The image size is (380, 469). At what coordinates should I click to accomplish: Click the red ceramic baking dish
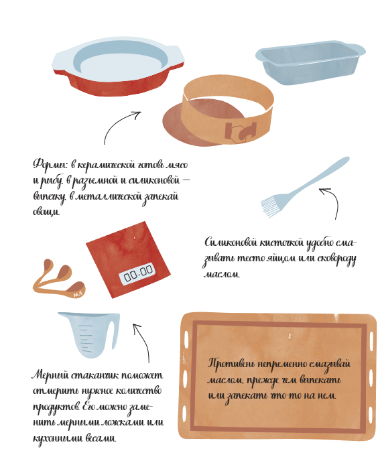pos(118,69)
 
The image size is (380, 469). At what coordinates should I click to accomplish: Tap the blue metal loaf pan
pos(310,64)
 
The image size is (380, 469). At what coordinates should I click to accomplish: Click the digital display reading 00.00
pos(138,273)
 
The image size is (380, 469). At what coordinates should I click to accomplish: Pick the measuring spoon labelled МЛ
pos(75,290)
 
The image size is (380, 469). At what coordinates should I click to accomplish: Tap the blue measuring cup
pos(89,334)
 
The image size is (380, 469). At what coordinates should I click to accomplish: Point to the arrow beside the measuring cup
pos(144,341)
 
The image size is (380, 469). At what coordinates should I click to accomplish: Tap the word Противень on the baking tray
pos(231,364)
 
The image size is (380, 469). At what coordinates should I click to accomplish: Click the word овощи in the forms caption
pos(46,212)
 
